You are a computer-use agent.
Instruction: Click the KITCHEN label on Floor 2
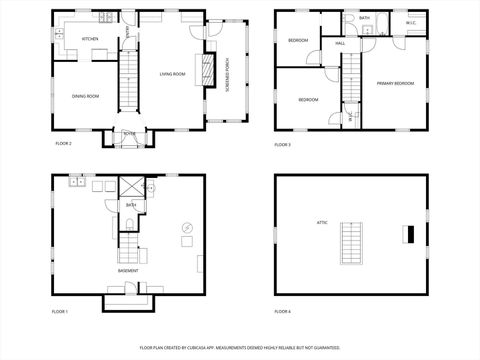90,39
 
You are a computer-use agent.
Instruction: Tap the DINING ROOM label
85,96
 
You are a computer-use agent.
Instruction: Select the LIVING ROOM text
174,74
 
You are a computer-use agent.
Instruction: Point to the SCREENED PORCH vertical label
228,75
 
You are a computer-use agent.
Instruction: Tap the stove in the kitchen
104,18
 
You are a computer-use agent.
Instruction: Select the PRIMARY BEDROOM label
397,83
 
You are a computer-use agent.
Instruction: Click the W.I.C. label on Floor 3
411,22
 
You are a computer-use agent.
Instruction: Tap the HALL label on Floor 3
340,44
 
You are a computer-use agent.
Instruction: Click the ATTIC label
323,222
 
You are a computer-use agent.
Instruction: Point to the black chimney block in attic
408,234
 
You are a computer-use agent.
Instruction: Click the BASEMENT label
127,271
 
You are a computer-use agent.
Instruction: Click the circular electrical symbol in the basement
187,229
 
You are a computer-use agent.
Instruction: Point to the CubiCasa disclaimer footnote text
239,349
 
